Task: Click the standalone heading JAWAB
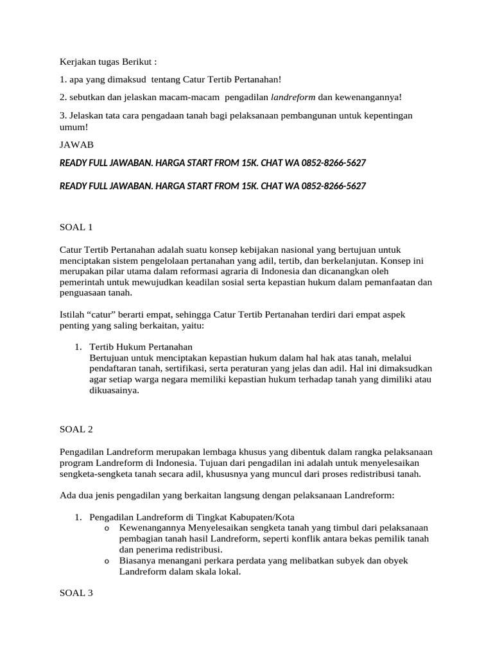[x=76, y=145]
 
